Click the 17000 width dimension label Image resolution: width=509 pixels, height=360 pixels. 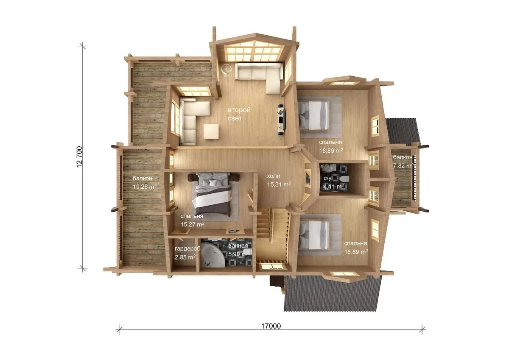click(x=271, y=326)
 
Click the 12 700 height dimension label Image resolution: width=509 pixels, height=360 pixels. click(x=79, y=157)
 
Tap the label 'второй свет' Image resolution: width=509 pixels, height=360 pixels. click(x=239, y=114)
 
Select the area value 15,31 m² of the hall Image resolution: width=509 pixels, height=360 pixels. click(x=279, y=184)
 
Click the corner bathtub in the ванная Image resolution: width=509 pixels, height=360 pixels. click(x=213, y=254)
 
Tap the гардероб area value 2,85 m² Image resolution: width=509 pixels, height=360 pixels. click(x=185, y=257)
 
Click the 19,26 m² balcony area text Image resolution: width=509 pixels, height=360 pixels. click(x=145, y=187)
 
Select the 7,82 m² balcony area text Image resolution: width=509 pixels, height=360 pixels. click(x=403, y=165)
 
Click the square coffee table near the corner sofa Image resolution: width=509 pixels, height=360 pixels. click(x=211, y=131)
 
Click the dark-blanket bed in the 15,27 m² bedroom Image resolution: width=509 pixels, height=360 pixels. click(x=212, y=195)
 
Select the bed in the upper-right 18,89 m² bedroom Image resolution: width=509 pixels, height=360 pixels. click(x=313, y=116)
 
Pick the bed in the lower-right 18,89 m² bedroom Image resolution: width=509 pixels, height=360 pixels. click(x=314, y=235)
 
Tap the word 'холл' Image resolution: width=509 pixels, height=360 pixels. click(x=273, y=176)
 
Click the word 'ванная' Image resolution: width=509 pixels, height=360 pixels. click(x=238, y=246)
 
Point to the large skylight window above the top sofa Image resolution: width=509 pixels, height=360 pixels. click(x=254, y=53)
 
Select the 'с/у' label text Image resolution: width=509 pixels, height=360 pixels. click(x=327, y=178)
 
